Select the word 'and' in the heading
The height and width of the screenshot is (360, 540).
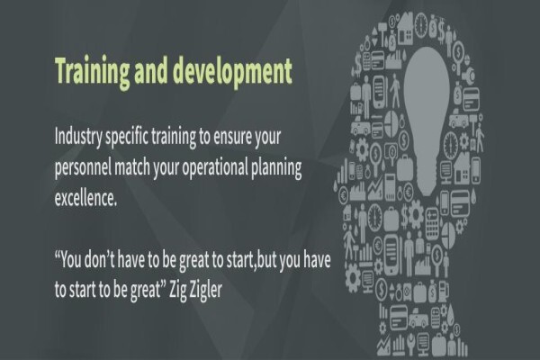click(151, 70)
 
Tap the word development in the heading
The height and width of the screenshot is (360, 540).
click(232, 72)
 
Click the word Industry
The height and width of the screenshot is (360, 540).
click(78, 138)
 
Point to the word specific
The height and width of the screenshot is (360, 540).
click(127, 138)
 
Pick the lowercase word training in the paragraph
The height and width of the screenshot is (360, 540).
click(174, 138)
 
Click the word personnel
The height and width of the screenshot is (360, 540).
click(83, 168)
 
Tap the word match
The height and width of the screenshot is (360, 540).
click(132, 167)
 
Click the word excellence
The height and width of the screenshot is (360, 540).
click(85, 198)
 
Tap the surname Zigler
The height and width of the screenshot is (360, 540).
click(206, 291)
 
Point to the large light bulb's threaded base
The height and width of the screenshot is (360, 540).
click(427, 176)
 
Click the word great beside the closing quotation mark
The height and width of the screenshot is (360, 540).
click(145, 292)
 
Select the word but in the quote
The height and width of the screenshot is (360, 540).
click(267, 260)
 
